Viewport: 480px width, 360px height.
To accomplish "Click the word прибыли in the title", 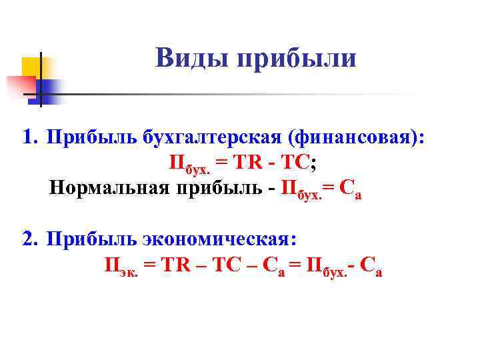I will (293, 59).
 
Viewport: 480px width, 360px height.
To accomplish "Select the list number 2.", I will (28, 238).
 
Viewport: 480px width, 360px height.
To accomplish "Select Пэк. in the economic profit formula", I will (121, 266).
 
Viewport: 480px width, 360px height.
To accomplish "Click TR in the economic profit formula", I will (175, 265).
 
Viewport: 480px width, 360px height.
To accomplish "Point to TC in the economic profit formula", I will (230, 265).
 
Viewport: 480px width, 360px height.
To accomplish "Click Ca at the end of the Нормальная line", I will (350, 189).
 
